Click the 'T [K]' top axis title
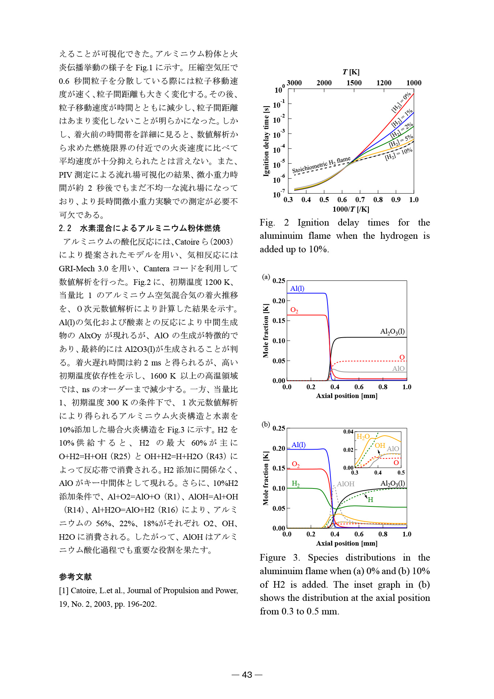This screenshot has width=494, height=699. (351, 72)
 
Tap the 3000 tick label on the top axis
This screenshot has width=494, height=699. (294, 83)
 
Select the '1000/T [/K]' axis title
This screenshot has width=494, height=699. (351, 209)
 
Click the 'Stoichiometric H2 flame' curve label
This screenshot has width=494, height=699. (321, 165)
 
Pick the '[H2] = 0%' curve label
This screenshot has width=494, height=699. (401, 102)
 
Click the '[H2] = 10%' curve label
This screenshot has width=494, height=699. (398, 154)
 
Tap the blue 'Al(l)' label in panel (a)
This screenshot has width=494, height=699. (297, 289)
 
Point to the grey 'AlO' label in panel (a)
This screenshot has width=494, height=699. (398, 369)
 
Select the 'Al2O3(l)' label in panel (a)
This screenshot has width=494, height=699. (392, 331)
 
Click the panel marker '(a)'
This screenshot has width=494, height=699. (266, 277)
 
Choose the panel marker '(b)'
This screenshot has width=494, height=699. (266, 424)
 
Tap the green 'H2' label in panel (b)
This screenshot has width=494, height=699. (296, 484)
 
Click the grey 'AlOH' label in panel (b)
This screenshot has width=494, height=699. (345, 484)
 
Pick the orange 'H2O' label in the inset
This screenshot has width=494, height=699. (363, 436)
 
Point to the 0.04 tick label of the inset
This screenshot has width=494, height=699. (348, 432)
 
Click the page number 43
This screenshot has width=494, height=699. (247, 674)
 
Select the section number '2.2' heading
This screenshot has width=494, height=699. (65, 228)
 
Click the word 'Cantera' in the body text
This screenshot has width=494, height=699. (156, 269)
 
